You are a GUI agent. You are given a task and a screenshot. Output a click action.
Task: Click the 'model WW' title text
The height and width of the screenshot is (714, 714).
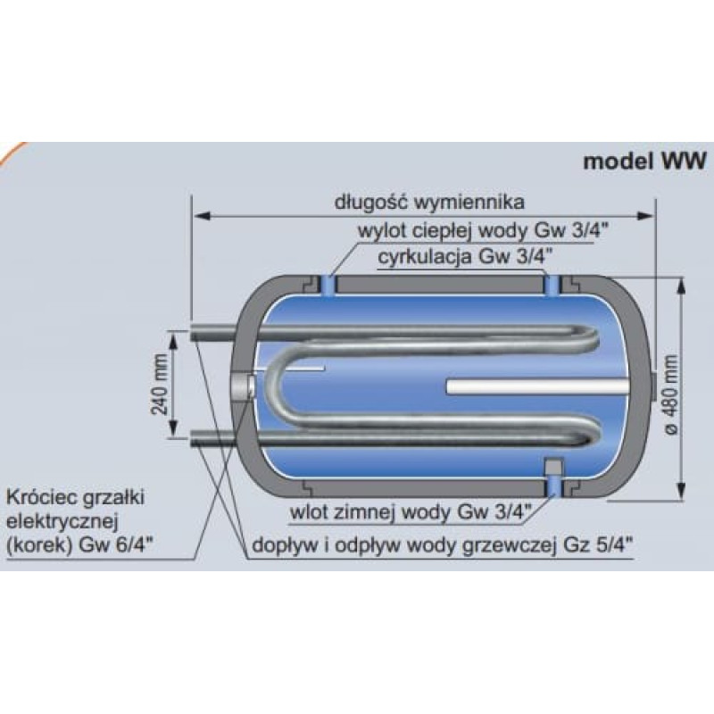tap(644, 161)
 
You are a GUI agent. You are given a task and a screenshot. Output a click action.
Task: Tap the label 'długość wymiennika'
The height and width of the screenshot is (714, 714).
tap(429, 202)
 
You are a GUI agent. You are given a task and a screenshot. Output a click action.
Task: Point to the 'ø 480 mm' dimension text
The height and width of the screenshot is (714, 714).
tap(671, 394)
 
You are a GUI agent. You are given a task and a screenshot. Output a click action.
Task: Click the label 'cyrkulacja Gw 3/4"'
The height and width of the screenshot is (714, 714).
tap(466, 257)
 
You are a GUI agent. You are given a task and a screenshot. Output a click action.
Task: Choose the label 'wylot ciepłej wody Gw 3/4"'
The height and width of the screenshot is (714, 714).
tap(483, 231)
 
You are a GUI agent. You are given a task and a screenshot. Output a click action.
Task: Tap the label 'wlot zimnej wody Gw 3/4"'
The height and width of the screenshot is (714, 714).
tap(411, 512)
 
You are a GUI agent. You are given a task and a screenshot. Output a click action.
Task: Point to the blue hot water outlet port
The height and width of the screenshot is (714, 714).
tap(328, 286)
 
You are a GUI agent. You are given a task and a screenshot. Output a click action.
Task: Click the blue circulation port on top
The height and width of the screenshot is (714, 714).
tap(552, 286)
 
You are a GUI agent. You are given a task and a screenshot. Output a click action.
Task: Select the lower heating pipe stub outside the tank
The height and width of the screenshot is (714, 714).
tap(212, 437)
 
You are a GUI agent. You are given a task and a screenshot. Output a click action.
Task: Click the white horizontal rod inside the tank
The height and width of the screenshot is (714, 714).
tap(537, 386)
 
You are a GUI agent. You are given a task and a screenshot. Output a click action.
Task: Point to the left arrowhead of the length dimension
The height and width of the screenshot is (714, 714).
tap(202, 215)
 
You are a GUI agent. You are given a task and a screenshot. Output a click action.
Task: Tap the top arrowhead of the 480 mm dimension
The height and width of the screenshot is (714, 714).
tap(681, 284)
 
